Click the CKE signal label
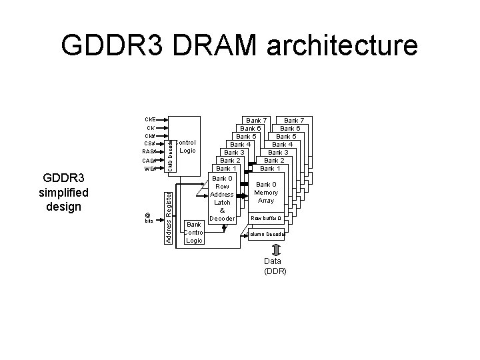[150, 119]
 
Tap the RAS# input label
[150, 151]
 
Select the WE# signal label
[150, 169]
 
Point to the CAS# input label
[150, 161]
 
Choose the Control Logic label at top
[187, 147]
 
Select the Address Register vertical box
[169, 216]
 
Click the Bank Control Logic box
[193, 232]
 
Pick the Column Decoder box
[266, 234]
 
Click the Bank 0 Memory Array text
[266, 192]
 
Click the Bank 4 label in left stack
[240, 144]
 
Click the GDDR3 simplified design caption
[63, 193]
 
